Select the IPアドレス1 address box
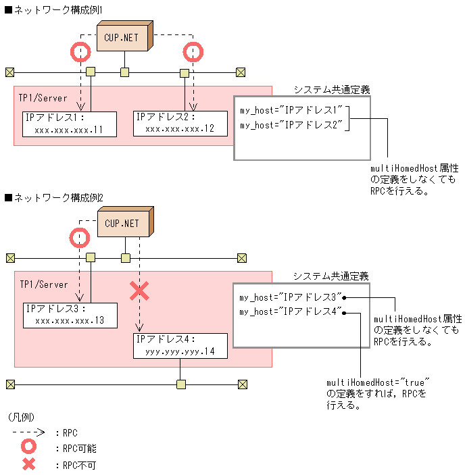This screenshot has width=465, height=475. coord(69,124)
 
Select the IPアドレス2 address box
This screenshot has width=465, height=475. coord(180,123)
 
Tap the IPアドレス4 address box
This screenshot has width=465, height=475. coord(180,345)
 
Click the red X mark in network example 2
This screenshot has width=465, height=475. coord(139,291)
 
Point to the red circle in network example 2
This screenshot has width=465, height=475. coord(80,236)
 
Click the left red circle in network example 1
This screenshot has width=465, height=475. coord(80,51)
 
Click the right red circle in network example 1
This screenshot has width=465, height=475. coord(193,51)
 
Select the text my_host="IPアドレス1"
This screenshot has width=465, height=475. coord(291,109)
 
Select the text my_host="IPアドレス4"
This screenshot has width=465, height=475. coord(291,312)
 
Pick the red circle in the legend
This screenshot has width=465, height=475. coord(28,448)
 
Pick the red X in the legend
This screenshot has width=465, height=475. coord(28,465)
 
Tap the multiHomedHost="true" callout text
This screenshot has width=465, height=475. coord(378,382)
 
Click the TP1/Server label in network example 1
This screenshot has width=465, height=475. coord(43,99)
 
